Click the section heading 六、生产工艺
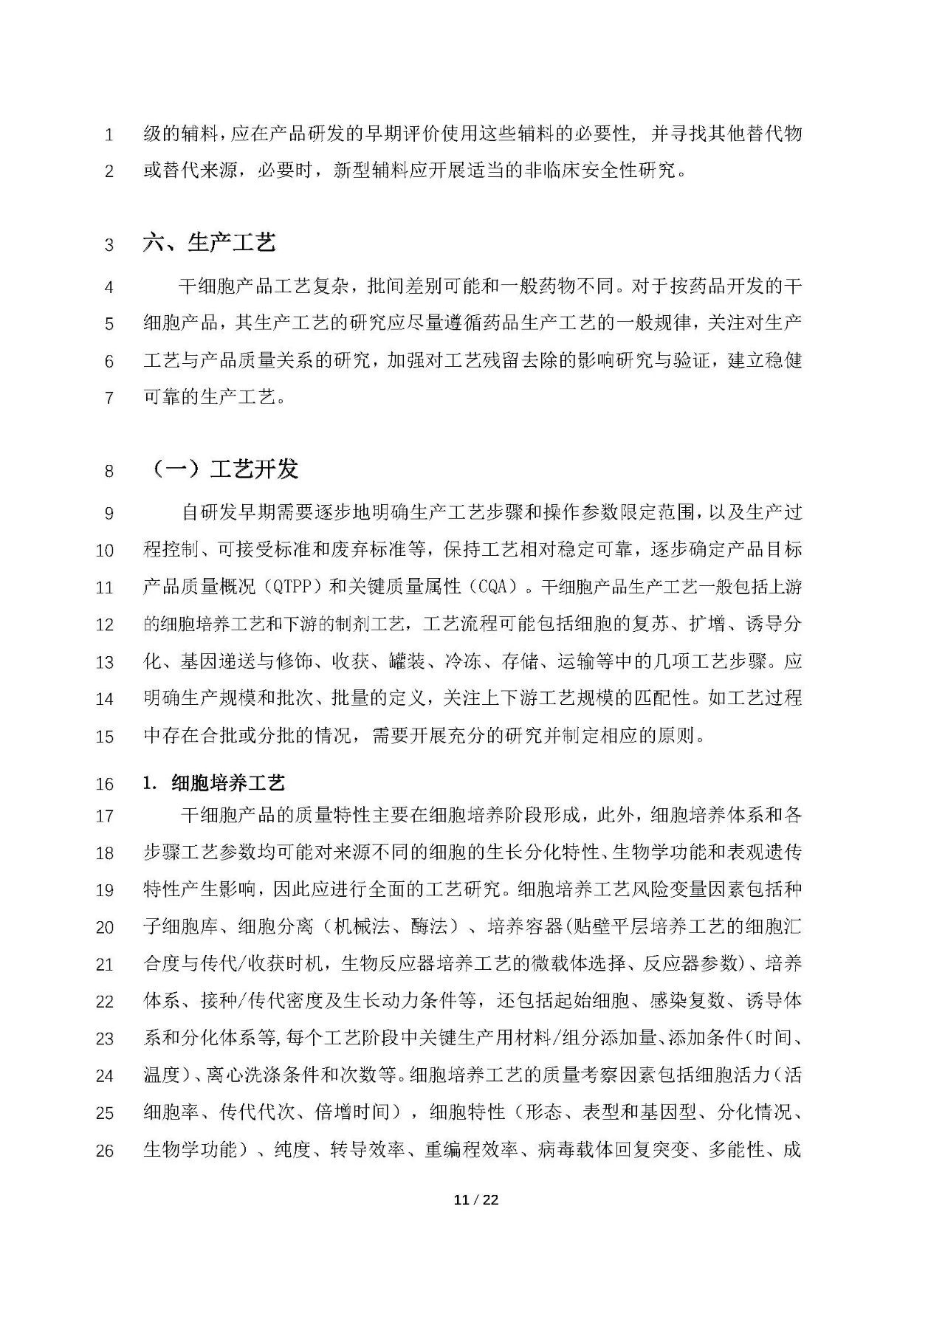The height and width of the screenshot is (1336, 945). pos(209,242)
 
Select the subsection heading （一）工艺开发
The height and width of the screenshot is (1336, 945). pos(224,469)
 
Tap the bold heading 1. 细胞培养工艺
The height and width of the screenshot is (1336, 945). pos(214,782)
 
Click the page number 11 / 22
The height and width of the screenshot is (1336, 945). pos(476,1199)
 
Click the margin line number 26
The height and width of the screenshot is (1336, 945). pos(105,1150)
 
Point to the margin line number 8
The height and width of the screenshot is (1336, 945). pos(109,470)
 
